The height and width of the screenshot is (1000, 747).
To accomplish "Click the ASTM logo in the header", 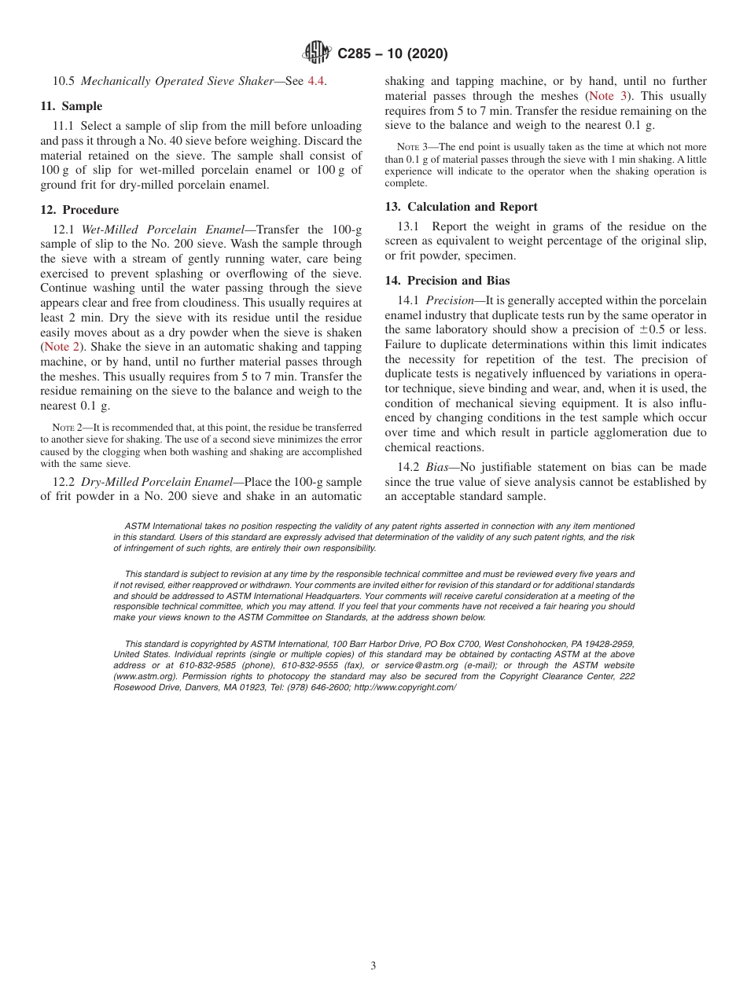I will coord(317,53).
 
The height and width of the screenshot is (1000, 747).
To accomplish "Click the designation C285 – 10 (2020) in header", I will coord(392,54).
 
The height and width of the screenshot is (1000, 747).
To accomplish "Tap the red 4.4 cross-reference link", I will coord(315,81).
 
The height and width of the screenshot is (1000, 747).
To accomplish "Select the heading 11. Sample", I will coord(72,106).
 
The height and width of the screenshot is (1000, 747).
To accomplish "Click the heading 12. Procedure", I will coord(79,210).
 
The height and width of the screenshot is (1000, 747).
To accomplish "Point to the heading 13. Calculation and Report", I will coord(461,207).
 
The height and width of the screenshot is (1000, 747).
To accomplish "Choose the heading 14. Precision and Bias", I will coord(447,281).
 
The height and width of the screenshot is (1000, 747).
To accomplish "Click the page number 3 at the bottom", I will coord(373,966).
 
